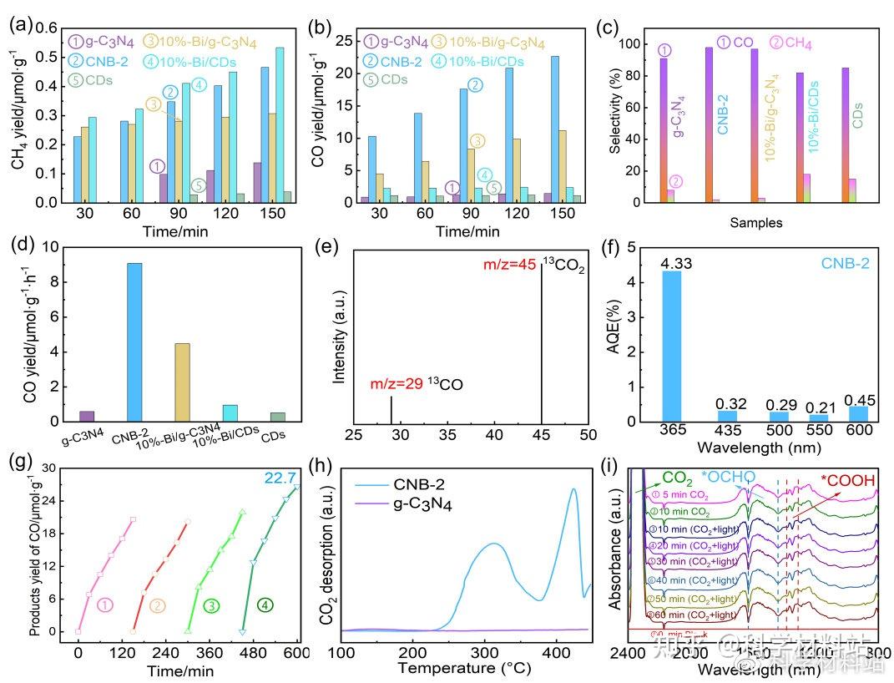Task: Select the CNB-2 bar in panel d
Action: [134, 341]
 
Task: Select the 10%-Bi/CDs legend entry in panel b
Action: [488, 61]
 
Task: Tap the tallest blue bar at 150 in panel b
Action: [554, 129]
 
